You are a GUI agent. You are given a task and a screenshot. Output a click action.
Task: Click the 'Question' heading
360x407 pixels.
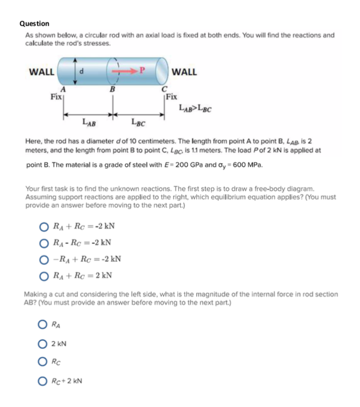pyautogui.click(x=34, y=24)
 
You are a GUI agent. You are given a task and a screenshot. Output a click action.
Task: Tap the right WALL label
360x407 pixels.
pyautogui.click(x=185, y=72)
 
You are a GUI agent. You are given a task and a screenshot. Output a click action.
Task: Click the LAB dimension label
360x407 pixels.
pyautogui.click(x=88, y=122)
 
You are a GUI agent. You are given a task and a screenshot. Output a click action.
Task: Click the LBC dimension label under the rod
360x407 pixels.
pyautogui.click(x=137, y=122)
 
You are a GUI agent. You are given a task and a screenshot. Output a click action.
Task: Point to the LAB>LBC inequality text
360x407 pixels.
pyautogui.click(x=196, y=108)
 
